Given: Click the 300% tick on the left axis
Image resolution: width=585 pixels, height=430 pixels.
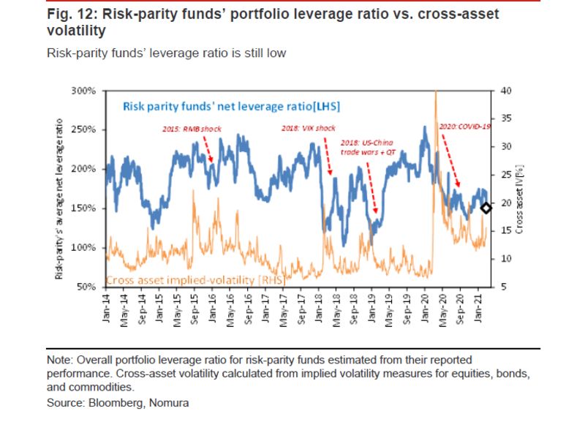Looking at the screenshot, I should pos(86,91).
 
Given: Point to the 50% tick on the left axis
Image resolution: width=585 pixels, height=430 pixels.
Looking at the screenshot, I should pos(88,286).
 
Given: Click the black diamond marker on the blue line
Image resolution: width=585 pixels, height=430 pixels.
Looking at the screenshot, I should pos(486,208).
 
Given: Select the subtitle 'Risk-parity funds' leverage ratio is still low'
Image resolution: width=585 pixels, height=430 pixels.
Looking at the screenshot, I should pos(165,53).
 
